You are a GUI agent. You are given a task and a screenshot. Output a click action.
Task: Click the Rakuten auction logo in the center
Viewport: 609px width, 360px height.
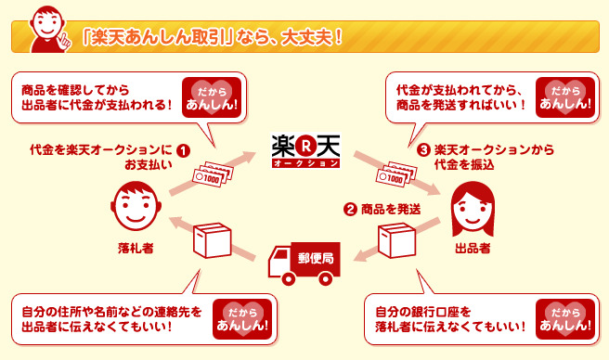[304, 150]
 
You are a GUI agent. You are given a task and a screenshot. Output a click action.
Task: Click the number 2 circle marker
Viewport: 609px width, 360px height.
[350, 210]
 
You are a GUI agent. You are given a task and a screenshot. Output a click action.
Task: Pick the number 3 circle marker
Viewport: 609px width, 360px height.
[423, 149]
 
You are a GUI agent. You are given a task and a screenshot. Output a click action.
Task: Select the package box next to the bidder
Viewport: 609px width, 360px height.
[212, 243]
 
